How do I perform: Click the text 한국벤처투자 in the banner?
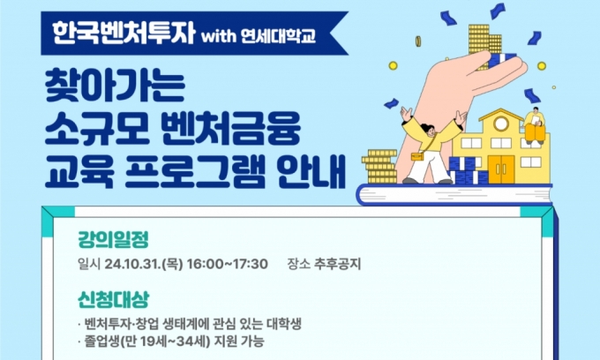coord(124,33)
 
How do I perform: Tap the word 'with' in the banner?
coord(219,36)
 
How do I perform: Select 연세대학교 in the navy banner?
coord(279,35)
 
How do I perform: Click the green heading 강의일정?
coord(113,239)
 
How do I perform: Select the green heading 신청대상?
coord(113,299)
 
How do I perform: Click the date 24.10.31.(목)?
coord(144,264)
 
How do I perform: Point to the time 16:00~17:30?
coord(228,264)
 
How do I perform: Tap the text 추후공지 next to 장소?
coord(337,264)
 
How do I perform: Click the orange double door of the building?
coord(501,169)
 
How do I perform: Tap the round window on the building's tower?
coord(501,124)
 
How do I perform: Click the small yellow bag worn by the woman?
coord(418,156)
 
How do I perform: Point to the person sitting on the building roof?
coord(535,126)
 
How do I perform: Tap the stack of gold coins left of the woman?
coord(380,167)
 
